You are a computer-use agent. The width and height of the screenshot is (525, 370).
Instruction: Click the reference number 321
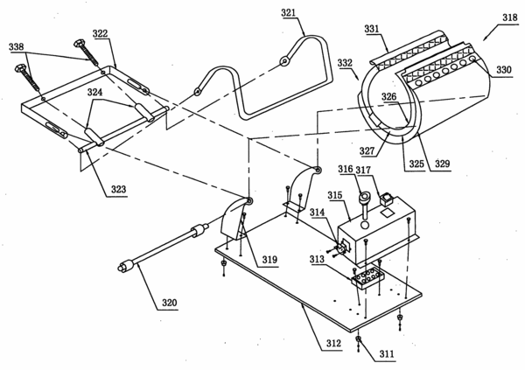(288, 13)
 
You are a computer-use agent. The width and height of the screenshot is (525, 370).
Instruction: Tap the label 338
(17, 46)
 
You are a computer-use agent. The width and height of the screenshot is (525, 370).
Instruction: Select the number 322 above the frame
(100, 33)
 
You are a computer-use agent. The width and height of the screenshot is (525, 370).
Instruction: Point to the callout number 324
(94, 92)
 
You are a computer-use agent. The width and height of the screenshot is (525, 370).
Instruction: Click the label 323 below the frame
(118, 189)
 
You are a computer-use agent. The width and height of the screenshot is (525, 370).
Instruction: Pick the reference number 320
(170, 303)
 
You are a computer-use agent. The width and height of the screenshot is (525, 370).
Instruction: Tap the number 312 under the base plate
(334, 343)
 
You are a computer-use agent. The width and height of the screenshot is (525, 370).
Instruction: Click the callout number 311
(387, 354)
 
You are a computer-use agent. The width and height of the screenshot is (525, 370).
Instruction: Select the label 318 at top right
(510, 17)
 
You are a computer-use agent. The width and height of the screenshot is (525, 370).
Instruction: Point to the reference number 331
(372, 29)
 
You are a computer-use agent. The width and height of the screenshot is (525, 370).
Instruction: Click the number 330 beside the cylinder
(504, 70)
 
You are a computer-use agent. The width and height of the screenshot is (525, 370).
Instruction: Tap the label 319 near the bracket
(269, 260)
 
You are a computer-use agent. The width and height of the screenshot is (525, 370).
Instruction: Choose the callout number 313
(317, 259)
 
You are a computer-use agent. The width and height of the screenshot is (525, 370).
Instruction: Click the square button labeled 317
(387, 199)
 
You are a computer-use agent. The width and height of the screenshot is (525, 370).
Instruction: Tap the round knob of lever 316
(364, 195)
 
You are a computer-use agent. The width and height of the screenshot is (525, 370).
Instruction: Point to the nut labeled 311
(359, 340)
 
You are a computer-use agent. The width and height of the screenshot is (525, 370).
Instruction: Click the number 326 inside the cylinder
(388, 97)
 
